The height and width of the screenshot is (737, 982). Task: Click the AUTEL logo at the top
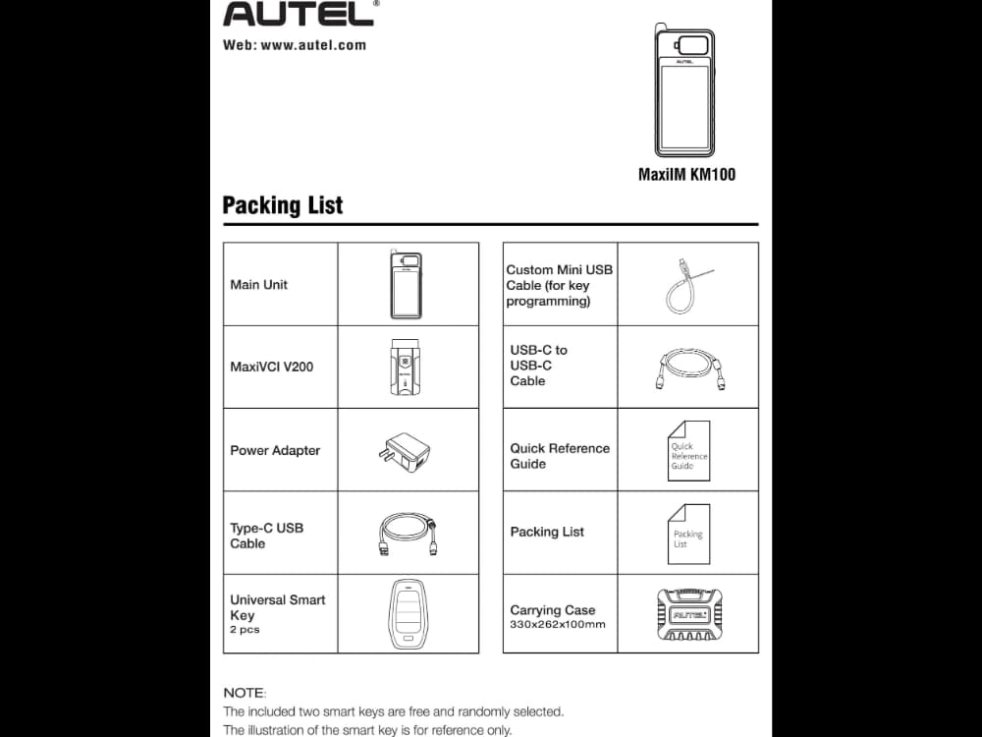pos(299,13)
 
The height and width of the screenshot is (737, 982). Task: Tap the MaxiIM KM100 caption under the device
pos(686,175)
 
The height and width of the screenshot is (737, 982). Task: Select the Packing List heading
pos(283,205)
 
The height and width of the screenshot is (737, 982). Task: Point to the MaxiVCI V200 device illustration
pos(409,368)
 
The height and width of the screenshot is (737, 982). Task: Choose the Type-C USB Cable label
pos(266,536)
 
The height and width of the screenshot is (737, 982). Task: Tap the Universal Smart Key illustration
pos(409,614)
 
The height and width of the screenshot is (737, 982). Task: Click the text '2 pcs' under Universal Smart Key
pos(245,630)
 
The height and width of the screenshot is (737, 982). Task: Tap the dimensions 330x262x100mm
pos(557,625)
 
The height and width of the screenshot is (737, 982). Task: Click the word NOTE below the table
pos(245,693)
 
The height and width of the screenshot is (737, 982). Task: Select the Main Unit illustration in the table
pos(409,284)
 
